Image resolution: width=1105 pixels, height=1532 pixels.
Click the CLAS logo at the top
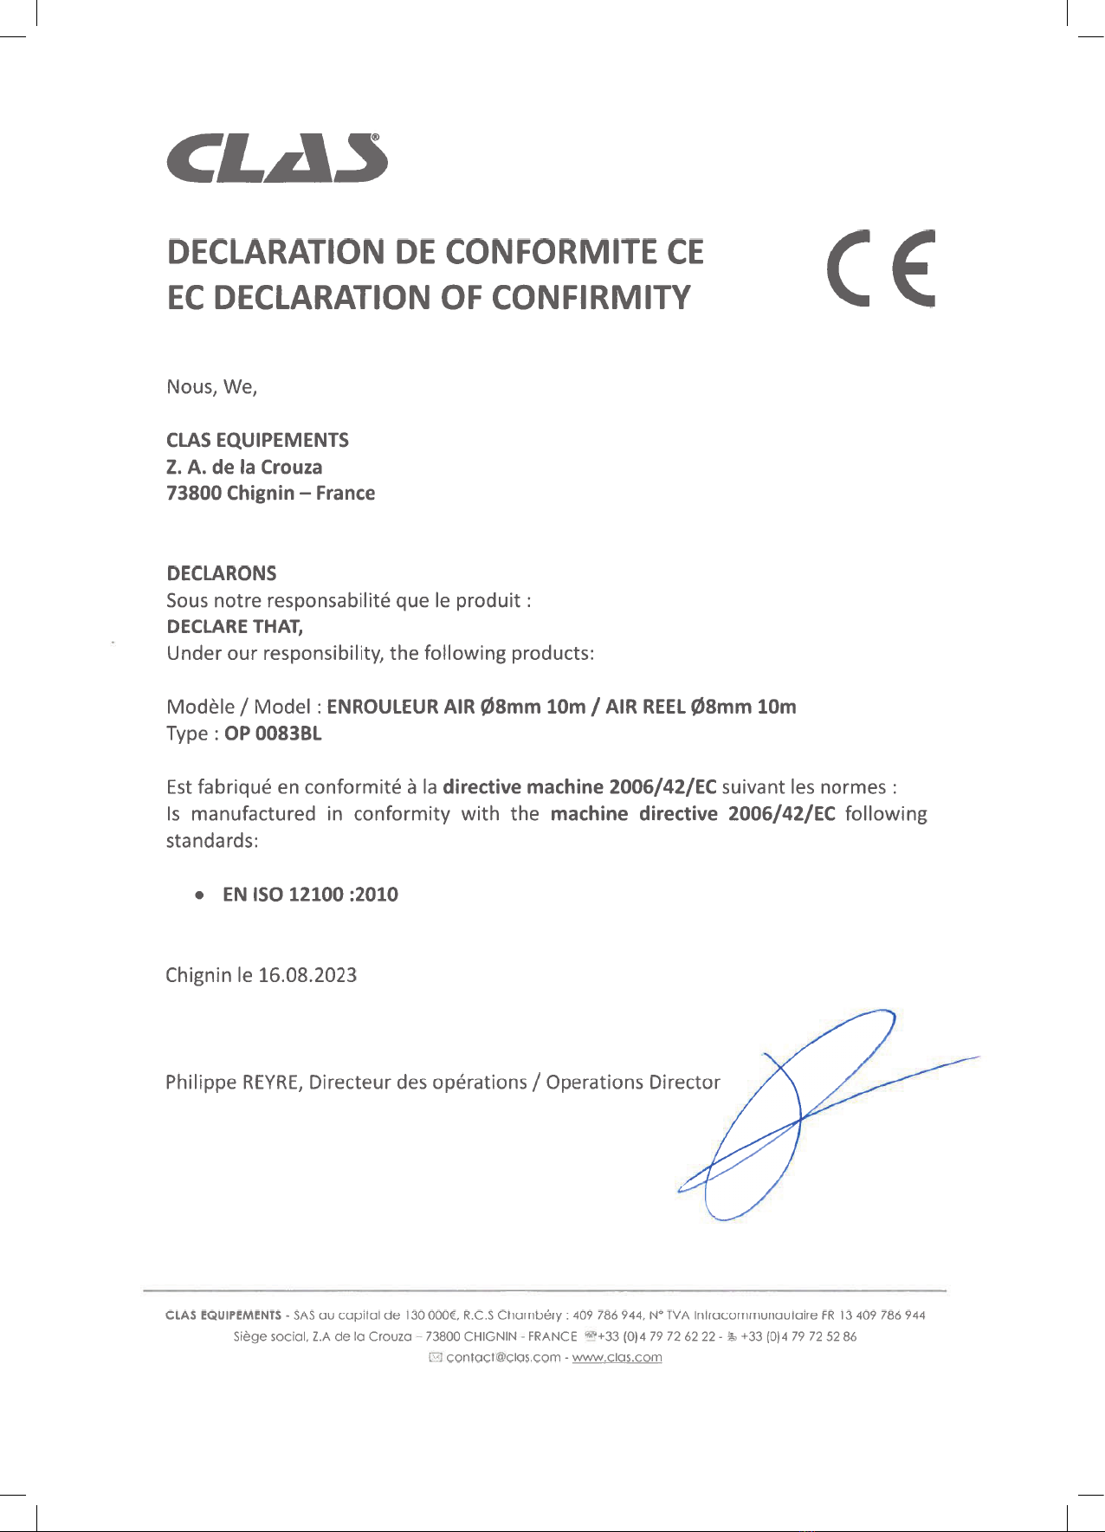(x=276, y=159)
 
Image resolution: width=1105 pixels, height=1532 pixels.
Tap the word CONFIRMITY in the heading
(x=591, y=298)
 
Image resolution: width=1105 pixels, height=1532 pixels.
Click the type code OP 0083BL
(x=273, y=734)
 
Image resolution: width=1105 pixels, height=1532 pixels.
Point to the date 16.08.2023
(x=307, y=975)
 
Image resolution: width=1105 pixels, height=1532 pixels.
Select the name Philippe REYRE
(x=233, y=1083)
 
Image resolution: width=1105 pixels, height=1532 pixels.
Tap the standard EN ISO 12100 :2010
(x=310, y=895)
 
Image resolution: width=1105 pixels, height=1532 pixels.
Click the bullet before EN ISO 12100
(x=200, y=895)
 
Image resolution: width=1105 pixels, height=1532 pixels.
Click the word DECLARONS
(x=221, y=573)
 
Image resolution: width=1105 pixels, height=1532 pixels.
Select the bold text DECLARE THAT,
(x=234, y=626)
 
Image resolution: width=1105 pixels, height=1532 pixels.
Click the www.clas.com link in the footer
(x=617, y=1357)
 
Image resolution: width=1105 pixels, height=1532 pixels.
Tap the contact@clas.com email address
(x=503, y=1357)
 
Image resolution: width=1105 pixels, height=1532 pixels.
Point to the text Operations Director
(x=632, y=1083)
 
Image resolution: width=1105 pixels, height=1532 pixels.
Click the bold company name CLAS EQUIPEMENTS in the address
(x=257, y=440)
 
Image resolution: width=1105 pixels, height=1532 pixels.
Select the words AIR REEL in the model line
(x=644, y=707)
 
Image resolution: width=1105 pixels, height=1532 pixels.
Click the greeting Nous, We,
(x=211, y=387)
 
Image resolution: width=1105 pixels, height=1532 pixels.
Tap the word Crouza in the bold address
(x=291, y=468)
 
